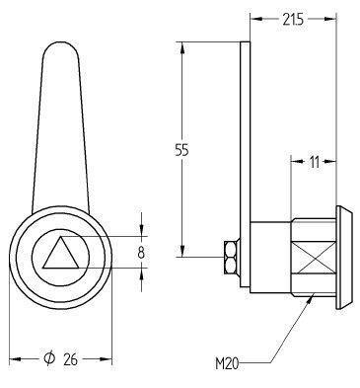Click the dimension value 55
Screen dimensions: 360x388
(181, 150)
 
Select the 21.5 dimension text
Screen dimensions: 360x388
(293, 20)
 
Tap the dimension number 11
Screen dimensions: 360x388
(314, 162)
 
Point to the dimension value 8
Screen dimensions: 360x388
(141, 253)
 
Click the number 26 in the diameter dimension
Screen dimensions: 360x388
(70, 359)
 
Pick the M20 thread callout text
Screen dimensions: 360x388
(227, 363)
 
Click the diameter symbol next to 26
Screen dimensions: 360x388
(49, 358)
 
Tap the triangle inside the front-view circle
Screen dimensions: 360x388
(61, 253)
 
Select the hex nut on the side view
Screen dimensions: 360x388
(232, 257)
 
